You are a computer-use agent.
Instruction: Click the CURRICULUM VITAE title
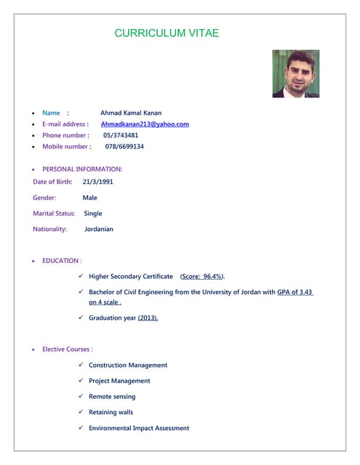click(x=167, y=33)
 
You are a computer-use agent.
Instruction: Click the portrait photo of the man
click(x=295, y=73)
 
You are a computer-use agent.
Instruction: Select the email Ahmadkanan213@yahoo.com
click(x=145, y=124)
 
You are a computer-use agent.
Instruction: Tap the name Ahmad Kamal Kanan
click(x=131, y=113)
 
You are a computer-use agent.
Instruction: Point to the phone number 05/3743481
click(x=121, y=135)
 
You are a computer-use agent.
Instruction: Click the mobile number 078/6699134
click(x=124, y=147)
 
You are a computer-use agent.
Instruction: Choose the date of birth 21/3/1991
click(x=98, y=182)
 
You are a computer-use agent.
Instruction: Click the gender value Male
click(x=89, y=198)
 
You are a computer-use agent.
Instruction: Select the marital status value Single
click(x=93, y=214)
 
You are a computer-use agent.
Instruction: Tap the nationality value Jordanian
click(x=99, y=229)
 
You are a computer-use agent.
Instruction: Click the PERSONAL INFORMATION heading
click(x=82, y=169)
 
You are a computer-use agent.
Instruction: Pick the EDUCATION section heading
click(x=62, y=260)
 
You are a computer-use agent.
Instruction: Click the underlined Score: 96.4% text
click(x=202, y=277)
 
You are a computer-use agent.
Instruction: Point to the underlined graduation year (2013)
click(x=148, y=318)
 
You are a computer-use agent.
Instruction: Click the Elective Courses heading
click(x=68, y=349)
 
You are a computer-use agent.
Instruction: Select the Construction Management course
click(x=128, y=365)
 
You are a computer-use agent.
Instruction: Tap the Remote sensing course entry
click(x=112, y=397)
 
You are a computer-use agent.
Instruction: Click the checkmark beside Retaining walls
click(x=81, y=412)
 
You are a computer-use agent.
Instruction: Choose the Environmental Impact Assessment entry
click(x=139, y=429)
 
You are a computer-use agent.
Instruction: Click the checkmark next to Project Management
click(x=81, y=381)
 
